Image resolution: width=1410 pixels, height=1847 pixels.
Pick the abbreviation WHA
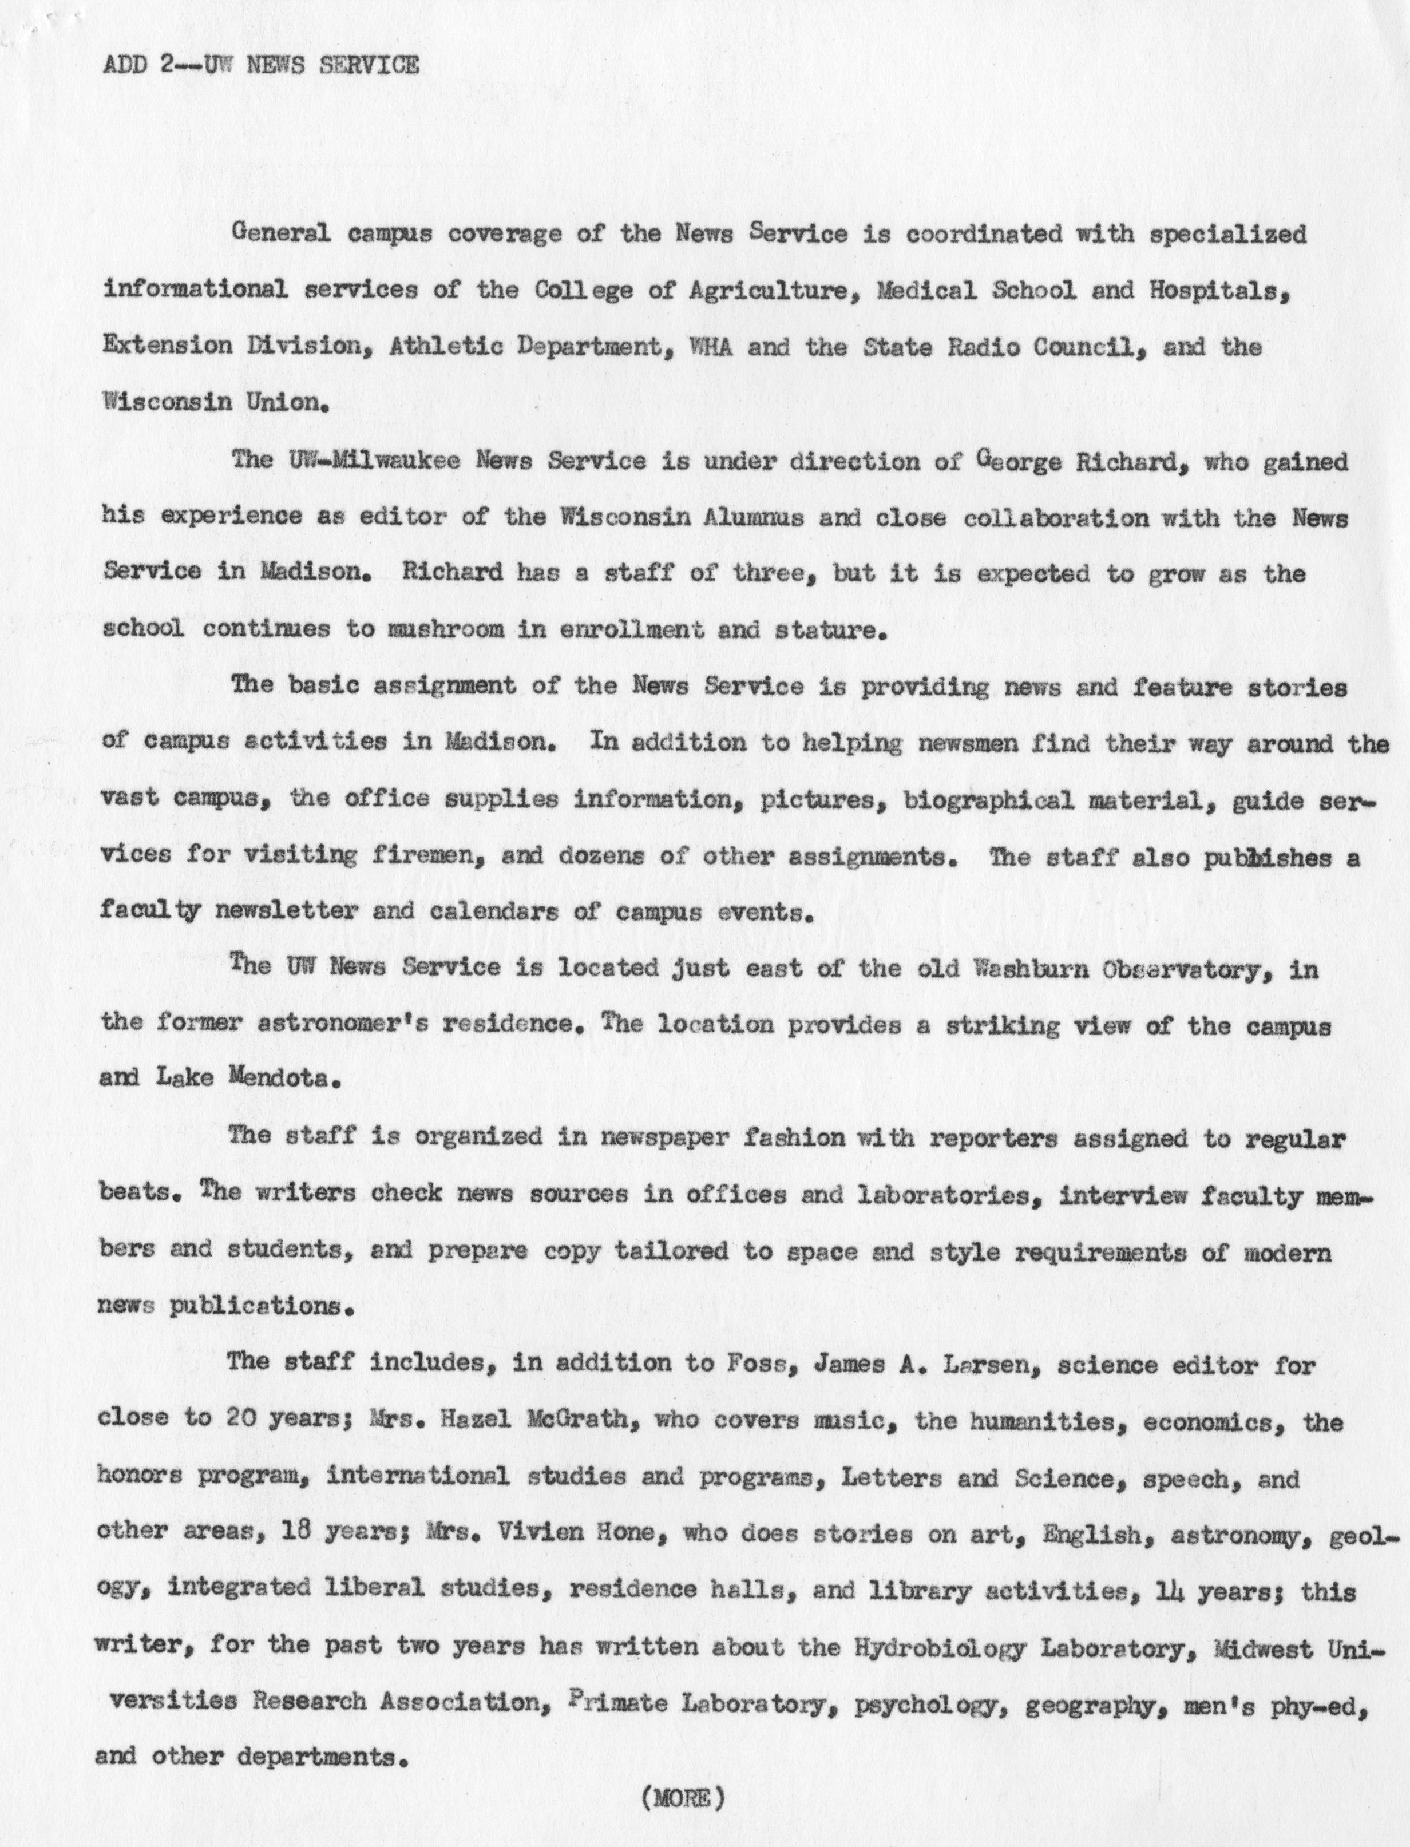click(x=710, y=347)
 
